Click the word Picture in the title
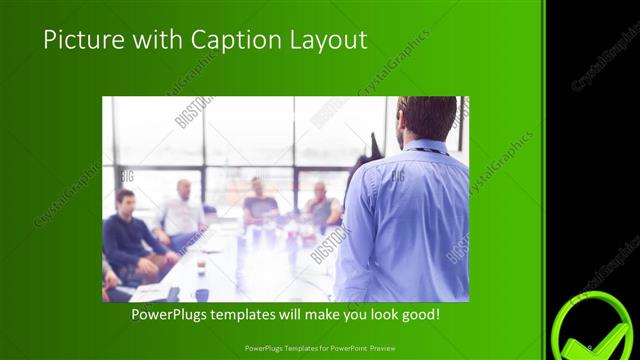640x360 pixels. pyautogui.click(x=79, y=41)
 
